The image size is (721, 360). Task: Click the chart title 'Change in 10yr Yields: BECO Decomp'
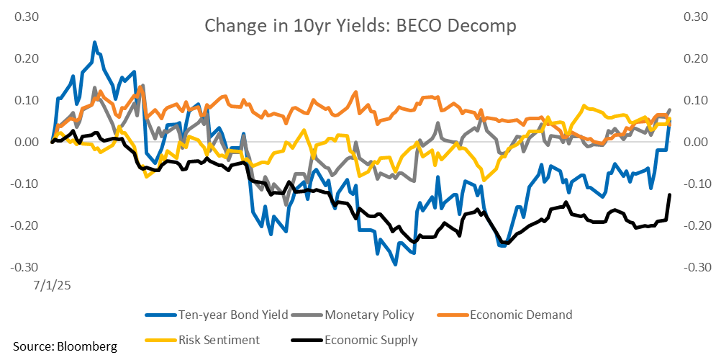click(360, 26)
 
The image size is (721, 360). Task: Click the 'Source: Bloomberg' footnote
click(65, 347)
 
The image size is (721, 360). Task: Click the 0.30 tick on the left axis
click(27, 17)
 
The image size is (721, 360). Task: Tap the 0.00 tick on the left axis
click(27, 142)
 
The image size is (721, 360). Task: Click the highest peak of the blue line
click(94, 42)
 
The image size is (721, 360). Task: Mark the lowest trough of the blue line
click(395, 264)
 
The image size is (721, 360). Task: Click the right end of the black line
click(670, 195)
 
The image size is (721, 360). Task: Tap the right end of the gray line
click(670, 110)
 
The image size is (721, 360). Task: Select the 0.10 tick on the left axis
click(27, 100)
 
